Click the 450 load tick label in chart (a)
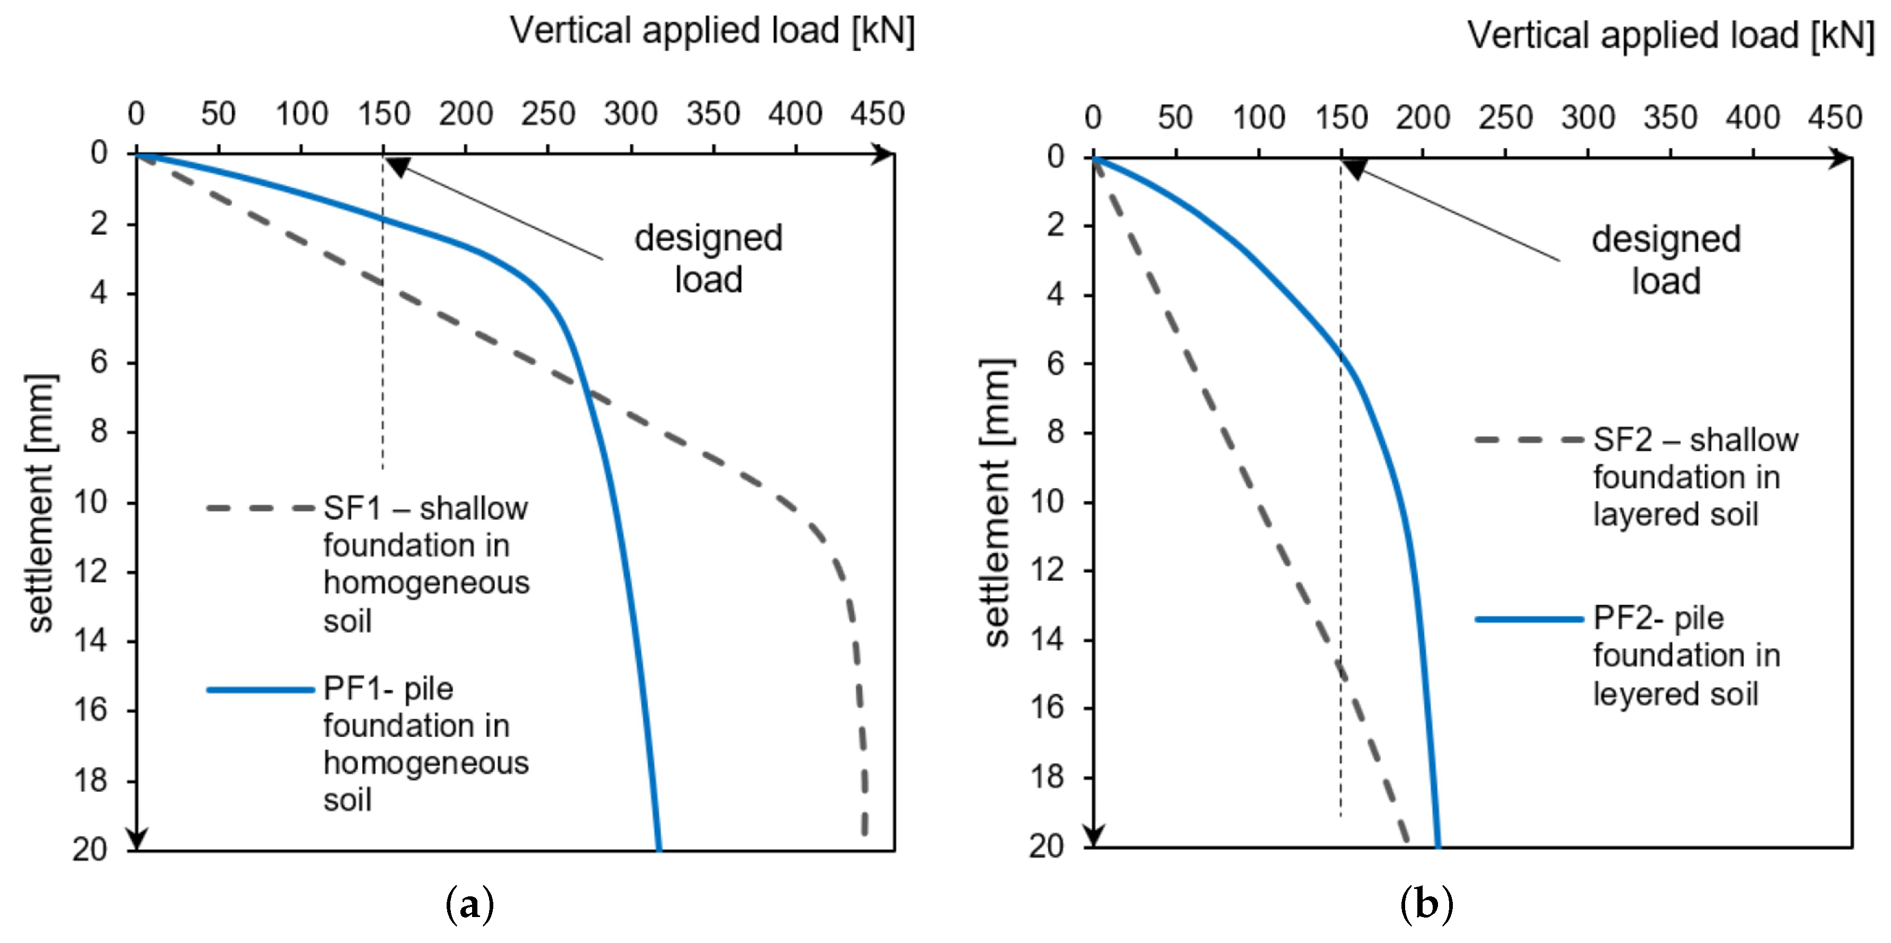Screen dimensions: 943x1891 pos(877,114)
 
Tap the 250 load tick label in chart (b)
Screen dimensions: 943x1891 pos(1505,118)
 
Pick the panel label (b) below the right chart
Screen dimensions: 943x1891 pos(1426,905)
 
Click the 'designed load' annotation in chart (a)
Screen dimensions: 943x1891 pos(708,258)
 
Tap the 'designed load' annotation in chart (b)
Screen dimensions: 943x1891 pos(1666,260)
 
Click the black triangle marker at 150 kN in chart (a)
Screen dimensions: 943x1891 pos(397,166)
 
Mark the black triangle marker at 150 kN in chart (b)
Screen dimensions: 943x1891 pos(1354,170)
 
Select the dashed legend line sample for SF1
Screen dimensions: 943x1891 pos(260,508)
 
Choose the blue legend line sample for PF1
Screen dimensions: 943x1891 pos(260,690)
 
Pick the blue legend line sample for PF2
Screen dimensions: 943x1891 pos(1529,619)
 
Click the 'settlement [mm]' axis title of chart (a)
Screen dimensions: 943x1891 pos(40,503)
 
